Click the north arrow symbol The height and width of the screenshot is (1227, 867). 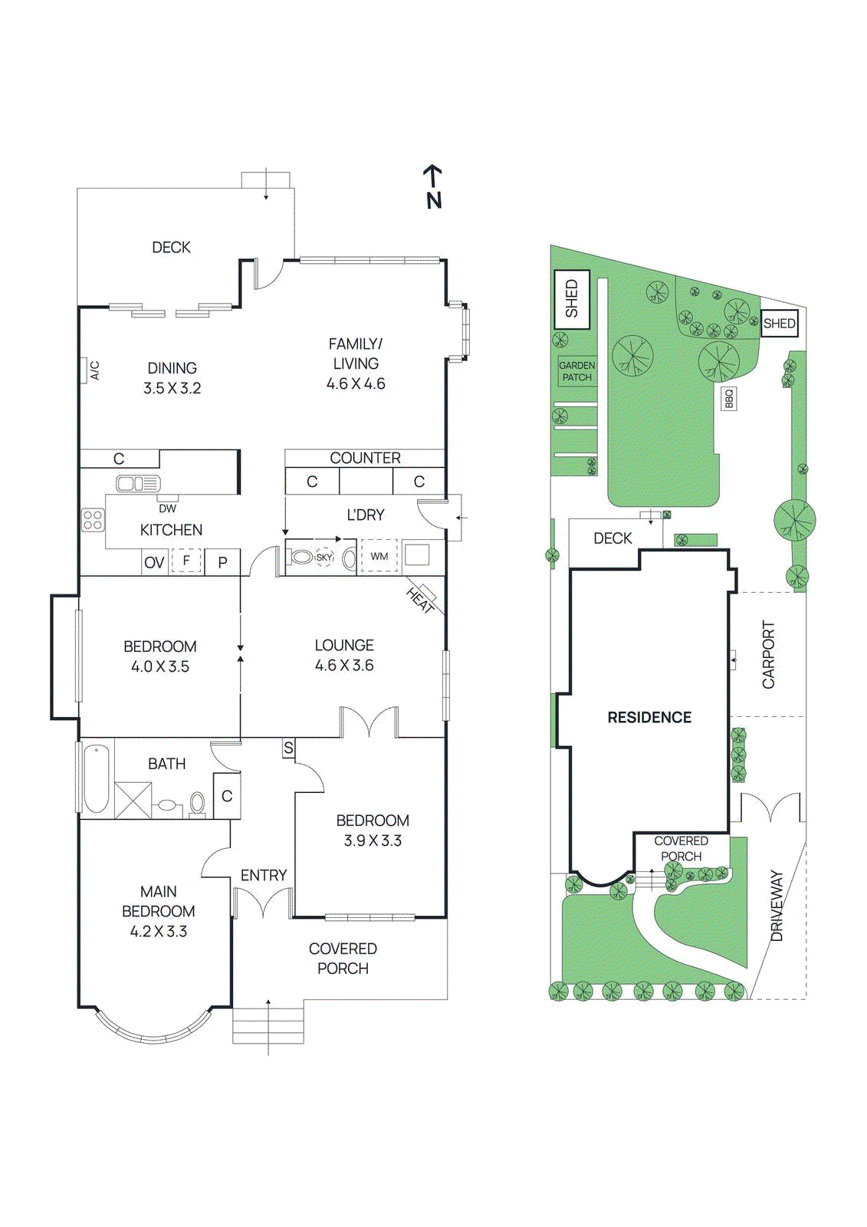click(433, 186)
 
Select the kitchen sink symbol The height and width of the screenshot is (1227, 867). click(138, 483)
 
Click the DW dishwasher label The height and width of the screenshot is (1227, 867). click(167, 508)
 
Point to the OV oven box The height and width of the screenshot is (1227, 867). click(154, 562)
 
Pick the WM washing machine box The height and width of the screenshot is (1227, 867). click(379, 557)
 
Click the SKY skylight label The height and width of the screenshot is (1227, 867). click(324, 558)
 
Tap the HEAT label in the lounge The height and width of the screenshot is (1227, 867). click(420, 600)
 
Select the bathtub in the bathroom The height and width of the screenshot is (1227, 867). click(96, 778)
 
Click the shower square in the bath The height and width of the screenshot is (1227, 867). click(133, 800)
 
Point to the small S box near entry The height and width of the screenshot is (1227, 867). click(288, 748)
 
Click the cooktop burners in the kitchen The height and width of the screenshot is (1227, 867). click(93, 520)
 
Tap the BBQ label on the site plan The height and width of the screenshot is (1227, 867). click(729, 398)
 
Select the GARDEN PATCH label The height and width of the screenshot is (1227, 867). click(576, 371)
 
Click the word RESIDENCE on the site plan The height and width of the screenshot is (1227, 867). click(649, 717)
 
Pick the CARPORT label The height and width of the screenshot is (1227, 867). click(768, 654)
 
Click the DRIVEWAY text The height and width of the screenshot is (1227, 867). click(777, 905)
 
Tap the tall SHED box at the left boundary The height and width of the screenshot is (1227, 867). click(572, 299)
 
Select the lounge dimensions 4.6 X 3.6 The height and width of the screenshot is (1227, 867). click(344, 665)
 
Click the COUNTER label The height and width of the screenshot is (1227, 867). click(365, 458)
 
